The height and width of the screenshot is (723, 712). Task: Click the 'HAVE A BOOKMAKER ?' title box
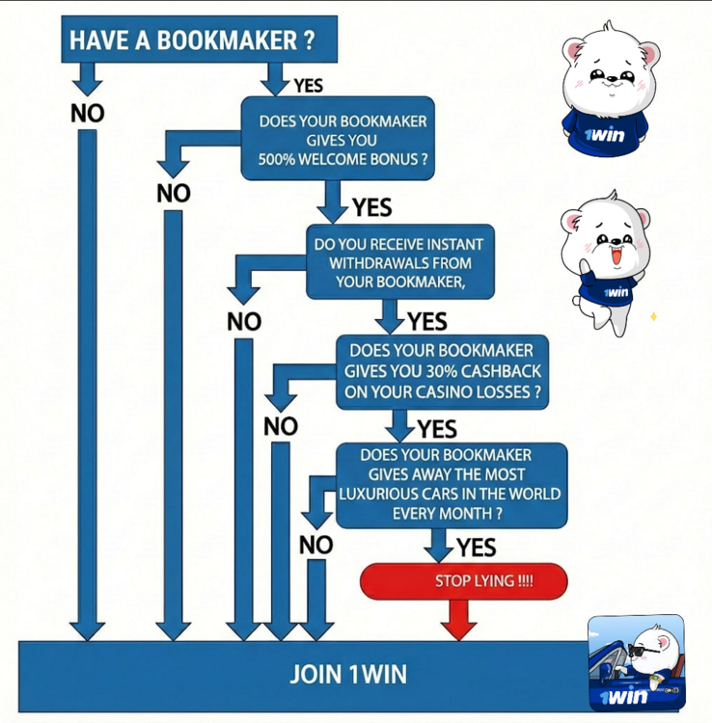(199, 40)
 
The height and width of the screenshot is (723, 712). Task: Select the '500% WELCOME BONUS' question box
(338, 140)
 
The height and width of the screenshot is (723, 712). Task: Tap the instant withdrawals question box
(400, 262)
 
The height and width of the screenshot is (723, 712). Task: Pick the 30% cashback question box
(442, 372)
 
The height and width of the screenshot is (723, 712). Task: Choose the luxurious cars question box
(451, 485)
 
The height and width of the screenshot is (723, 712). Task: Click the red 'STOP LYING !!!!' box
(463, 581)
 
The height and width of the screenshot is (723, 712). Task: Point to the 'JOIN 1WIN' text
(348, 675)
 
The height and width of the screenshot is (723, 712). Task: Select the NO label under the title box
(87, 113)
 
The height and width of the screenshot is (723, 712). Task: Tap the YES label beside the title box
(308, 86)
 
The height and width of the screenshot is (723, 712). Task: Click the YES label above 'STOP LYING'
(476, 549)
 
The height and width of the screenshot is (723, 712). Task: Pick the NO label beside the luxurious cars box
(315, 546)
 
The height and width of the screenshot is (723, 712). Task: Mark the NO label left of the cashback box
(281, 426)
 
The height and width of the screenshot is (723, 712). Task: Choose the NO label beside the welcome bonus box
(174, 194)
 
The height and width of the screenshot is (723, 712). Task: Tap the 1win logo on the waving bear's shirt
(615, 291)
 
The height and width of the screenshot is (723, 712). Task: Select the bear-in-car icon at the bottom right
(637, 663)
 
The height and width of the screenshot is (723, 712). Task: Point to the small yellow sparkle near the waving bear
(653, 316)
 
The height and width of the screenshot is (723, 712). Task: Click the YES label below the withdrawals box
(427, 321)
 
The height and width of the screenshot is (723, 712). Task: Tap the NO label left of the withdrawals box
(244, 322)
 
